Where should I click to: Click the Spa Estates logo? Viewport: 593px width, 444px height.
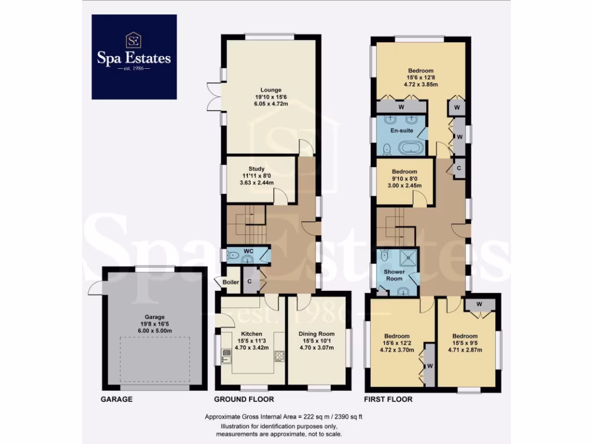(134, 57)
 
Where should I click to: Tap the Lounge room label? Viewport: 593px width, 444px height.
(270, 90)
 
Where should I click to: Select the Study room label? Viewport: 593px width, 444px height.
(256, 169)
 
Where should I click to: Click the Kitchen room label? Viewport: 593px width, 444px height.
(252, 334)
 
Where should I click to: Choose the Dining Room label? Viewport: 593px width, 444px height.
(317, 334)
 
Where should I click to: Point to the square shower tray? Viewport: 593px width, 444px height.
(410, 258)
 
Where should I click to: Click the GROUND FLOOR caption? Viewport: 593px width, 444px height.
(244, 399)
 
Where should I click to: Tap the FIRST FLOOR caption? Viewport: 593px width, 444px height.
(388, 399)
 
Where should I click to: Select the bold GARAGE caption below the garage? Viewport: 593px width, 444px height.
(116, 399)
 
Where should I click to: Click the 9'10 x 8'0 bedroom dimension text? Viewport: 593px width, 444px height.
(404, 179)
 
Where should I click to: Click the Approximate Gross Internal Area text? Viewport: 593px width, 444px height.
(283, 417)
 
